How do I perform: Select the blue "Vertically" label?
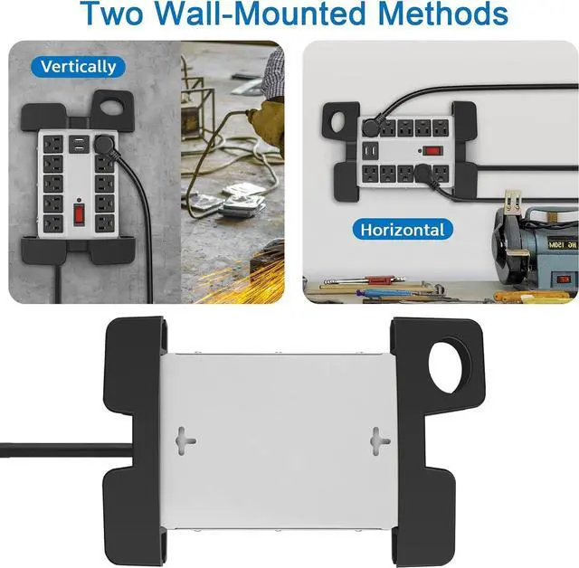[x=78, y=66]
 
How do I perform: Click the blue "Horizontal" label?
[x=402, y=230]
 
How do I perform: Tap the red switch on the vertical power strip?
[x=78, y=215]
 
